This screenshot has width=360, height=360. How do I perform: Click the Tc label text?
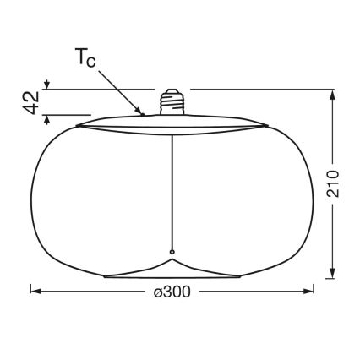pos(85,57)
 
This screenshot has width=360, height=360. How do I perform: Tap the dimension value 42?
pos(30,102)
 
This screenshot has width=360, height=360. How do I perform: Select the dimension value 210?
pos(333,183)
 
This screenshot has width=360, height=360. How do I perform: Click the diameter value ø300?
pos(172,292)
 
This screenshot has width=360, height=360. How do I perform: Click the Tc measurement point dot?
pos(143,115)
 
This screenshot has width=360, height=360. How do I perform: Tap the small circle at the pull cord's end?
pos(172,252)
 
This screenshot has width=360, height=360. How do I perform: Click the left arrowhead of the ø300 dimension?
pos(35,291)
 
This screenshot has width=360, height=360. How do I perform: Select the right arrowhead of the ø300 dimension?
pos(308,291)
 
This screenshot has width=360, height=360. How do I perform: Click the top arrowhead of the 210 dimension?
pos(333,95)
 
